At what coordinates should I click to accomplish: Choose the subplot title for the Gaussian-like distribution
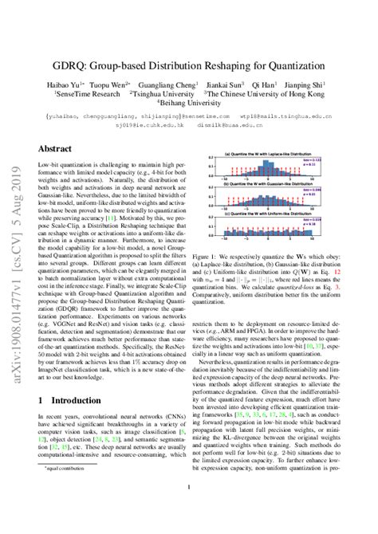coord(281,183)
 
